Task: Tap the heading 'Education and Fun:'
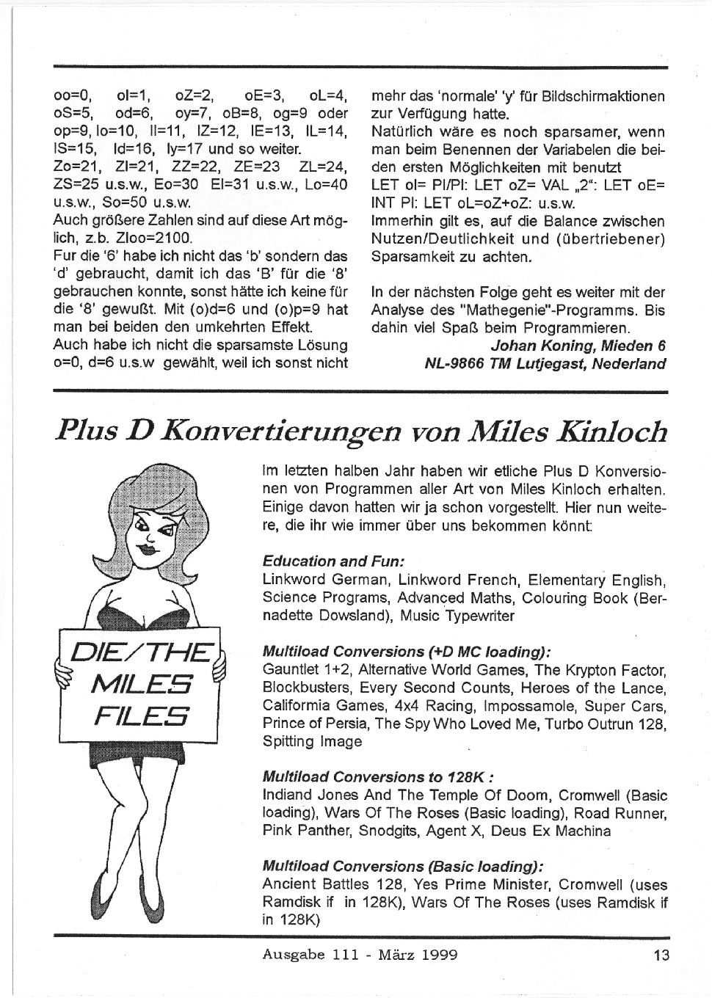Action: pos(333,561)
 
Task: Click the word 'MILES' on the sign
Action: pos(141,685)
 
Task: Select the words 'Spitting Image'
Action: pos(312,741)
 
